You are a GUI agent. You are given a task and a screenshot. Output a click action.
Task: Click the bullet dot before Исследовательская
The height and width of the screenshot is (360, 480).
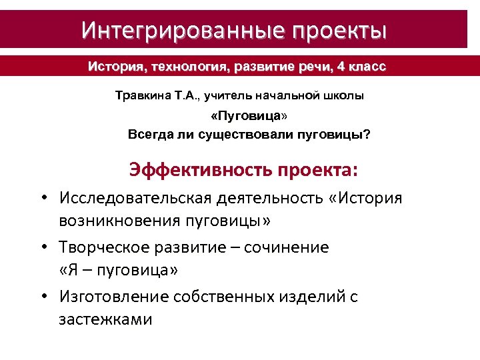(43, 199)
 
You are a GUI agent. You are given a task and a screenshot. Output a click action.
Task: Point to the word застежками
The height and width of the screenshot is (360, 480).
(105, 319)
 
